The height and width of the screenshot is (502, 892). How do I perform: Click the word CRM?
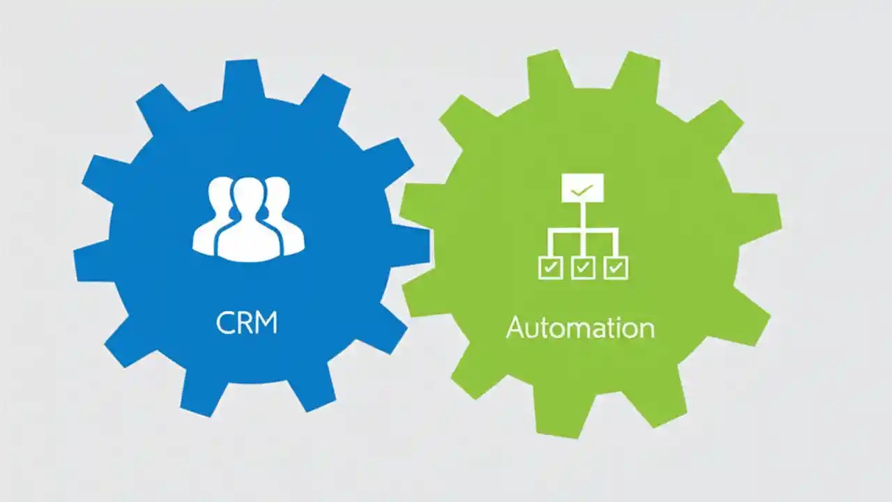(x=247, y=324)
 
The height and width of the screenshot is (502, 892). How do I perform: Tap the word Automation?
(x=580, y=328)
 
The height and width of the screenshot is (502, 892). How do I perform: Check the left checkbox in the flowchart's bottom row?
(x=550, y=267)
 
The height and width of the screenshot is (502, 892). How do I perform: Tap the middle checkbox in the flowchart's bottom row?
(x=583, y=267)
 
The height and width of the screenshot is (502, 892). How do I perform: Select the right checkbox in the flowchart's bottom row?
(x=615, y=267)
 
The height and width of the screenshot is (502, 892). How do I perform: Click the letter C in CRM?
(x=226, y=324)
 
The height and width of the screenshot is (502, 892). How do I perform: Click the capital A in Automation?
(x=516, y=328)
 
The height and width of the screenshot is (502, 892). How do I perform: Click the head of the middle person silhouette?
(x=247, y=195)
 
